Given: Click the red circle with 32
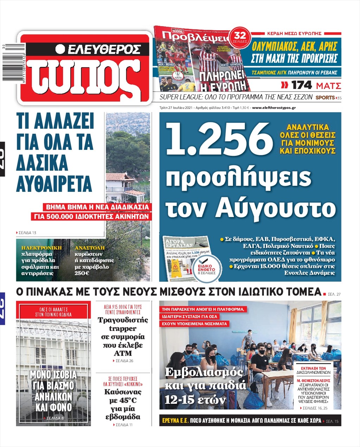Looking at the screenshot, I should coord(240,36).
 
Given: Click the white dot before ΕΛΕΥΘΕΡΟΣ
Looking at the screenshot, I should coord(60,49).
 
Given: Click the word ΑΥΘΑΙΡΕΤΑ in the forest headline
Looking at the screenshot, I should coord(54,184).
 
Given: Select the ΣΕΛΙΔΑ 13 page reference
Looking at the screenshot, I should coord(27,233).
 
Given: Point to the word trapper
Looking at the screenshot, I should coord(122,328).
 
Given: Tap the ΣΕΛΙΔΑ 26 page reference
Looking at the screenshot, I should coord(123,361).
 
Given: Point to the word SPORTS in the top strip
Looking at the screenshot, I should coord(325,97).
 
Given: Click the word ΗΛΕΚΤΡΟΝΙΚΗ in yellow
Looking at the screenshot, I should coord(41,248).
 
